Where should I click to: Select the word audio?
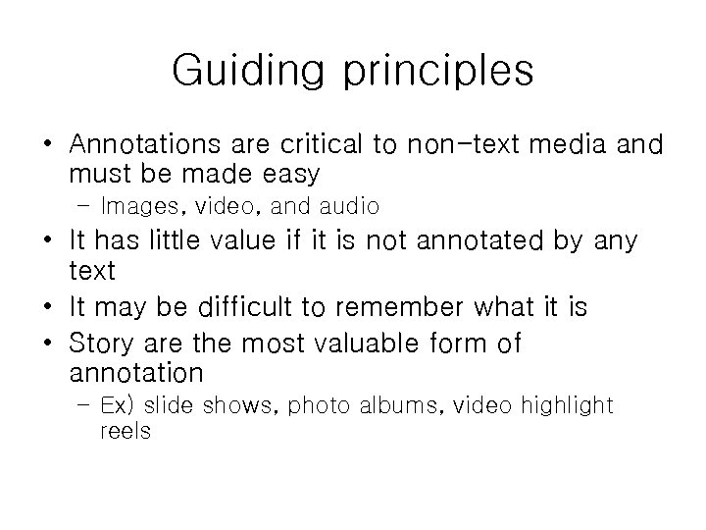tap(344, 207)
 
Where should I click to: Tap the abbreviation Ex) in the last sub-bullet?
tap(119, 404)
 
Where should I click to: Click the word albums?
tap(397, 404)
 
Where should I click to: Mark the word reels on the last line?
tap(125, 431)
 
